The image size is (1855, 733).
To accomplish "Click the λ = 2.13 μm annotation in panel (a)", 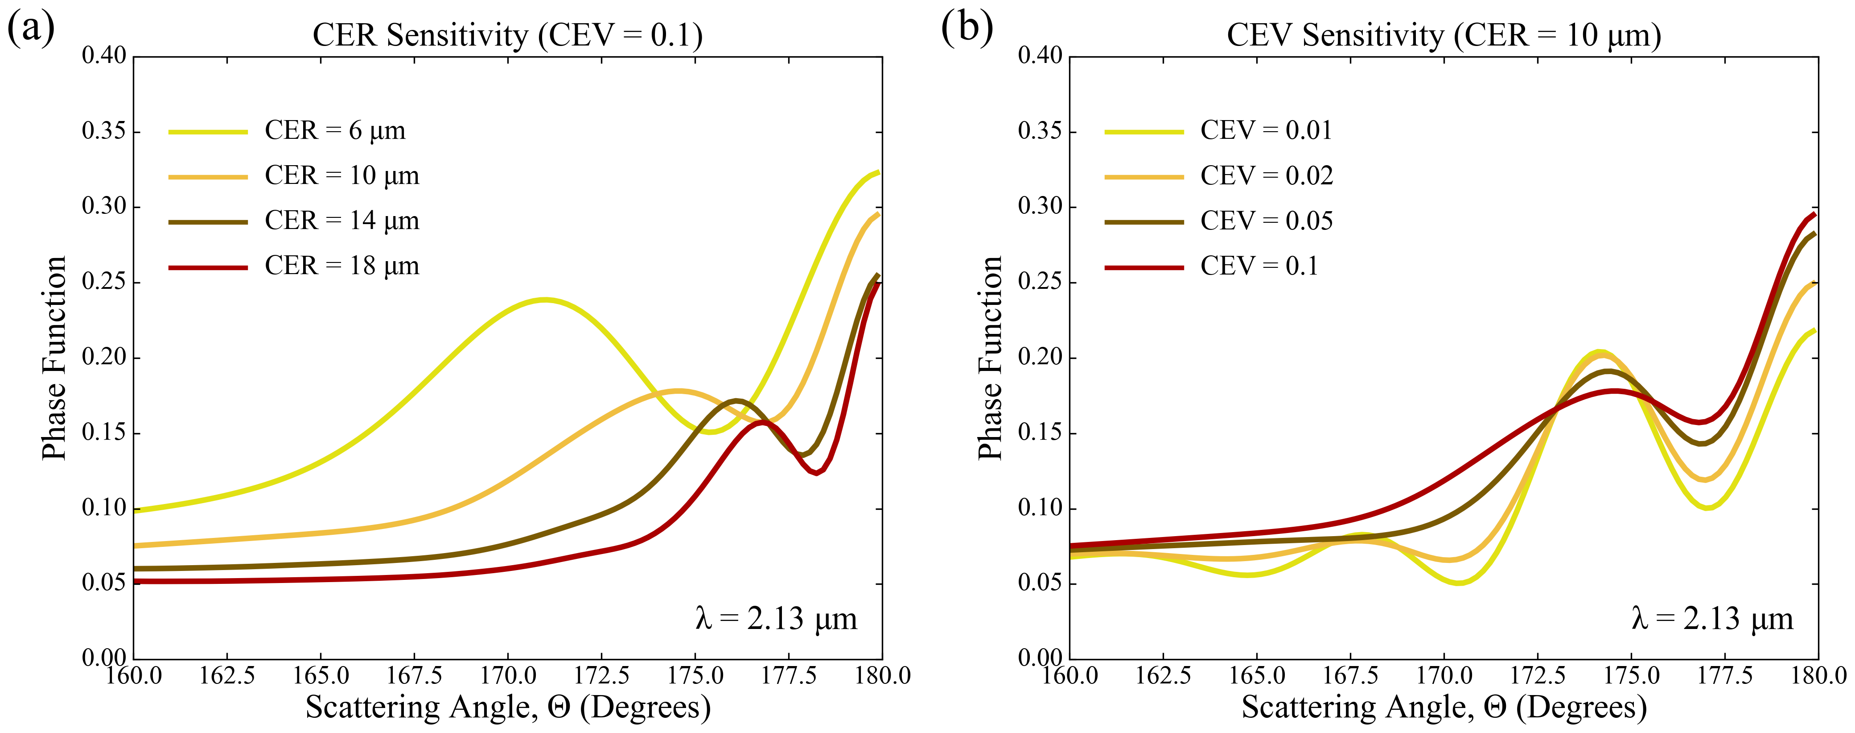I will click(776, 618).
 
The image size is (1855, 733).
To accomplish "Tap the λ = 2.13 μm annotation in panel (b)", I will click(1712, 618).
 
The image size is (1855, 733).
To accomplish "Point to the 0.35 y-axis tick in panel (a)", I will click(104, 131).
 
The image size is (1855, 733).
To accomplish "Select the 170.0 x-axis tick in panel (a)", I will click(508, 675).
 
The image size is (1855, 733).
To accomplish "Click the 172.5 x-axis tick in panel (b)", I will click(1538, 675).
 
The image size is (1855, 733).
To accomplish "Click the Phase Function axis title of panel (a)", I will click(54, 358).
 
